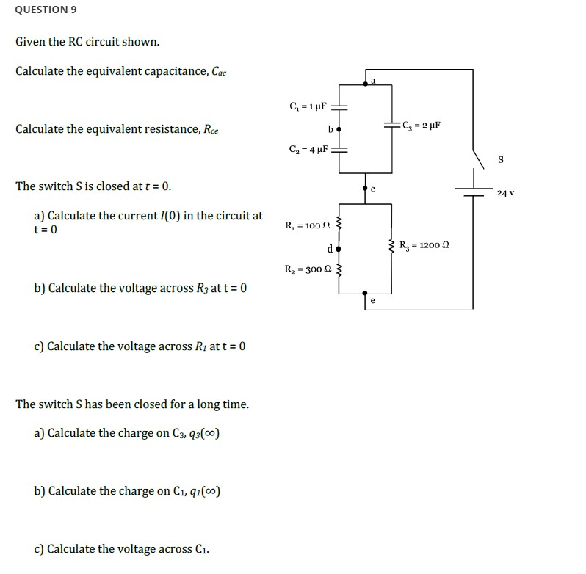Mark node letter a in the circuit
(372, 79)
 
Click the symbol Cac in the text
(219, 72)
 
